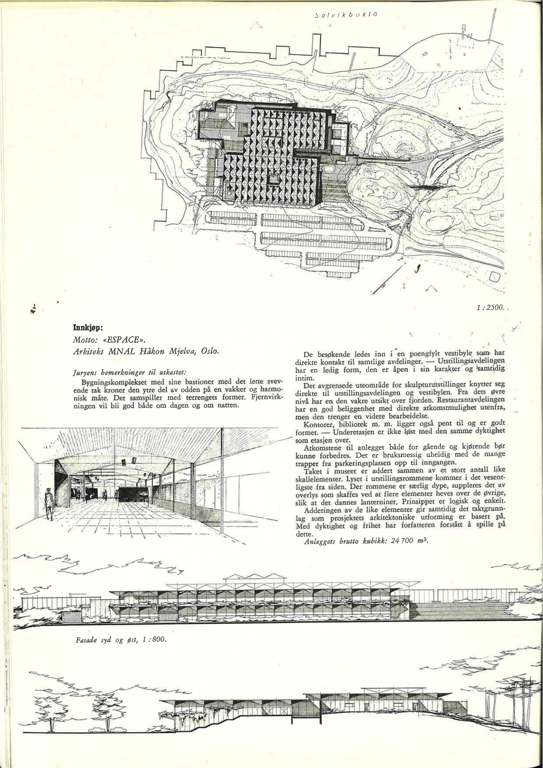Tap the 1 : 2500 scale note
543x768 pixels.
click(490, 308)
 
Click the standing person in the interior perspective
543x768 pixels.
click(49, 504)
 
